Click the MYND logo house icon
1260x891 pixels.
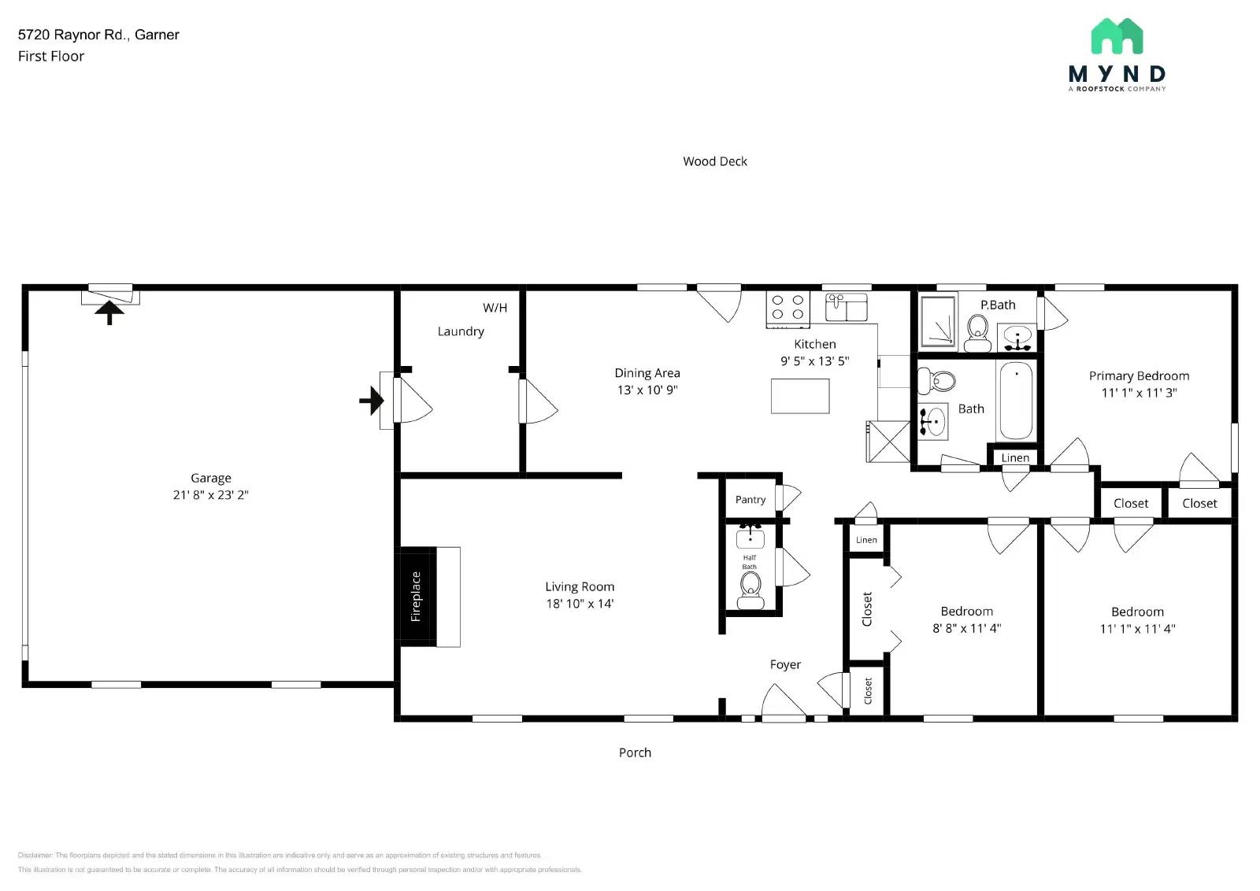pos(1117,36)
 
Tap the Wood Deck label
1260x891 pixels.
pos(714,161)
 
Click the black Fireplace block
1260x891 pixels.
pos(416,597)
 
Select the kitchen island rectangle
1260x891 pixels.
pos(799,396)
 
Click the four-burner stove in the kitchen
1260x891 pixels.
pos(787,309)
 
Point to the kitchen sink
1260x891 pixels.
pos(846,307)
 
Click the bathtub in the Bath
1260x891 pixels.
pos(1015,401)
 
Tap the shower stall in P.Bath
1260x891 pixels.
pos(937,320)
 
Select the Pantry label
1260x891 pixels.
pos(750,500)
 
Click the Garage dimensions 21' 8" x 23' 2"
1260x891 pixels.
pos(210,495)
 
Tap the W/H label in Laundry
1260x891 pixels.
pos(495,308)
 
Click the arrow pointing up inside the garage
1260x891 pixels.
pos(109,313)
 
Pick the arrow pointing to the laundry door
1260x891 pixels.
pos(372,401)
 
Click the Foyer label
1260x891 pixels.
pos(784,665)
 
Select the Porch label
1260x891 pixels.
pos(635,752)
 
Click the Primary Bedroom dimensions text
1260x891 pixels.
pos(1138,393)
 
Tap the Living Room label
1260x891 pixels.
pos(579,586)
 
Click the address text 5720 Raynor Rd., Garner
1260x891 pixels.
pos(98,35)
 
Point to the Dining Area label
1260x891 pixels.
pos(647,373)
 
